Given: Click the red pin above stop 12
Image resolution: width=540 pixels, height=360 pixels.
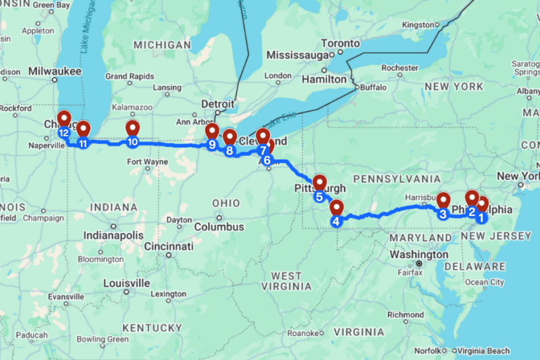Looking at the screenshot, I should coord(64,118).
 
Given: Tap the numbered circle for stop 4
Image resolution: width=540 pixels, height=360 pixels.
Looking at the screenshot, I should coord(336,221).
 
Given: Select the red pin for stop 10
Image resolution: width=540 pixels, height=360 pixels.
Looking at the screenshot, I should coord(133,127).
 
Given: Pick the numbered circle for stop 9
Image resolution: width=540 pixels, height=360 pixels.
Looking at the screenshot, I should coord(212,145).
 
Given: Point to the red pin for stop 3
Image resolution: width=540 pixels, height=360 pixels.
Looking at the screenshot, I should coord(443,200).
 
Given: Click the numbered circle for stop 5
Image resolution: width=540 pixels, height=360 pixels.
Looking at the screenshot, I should coord(319,196).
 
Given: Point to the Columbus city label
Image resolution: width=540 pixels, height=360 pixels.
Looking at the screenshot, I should coord(219,227).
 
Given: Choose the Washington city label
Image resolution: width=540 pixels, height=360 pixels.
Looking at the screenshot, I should coord(418,254).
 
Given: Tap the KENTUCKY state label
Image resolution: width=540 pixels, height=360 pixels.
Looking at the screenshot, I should coord(151,328).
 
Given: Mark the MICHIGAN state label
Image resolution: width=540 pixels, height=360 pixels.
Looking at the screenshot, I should coord(162,45).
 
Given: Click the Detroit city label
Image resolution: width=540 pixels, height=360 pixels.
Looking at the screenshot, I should coord(217,103).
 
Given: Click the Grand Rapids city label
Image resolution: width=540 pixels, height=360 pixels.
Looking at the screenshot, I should coord(126,76).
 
